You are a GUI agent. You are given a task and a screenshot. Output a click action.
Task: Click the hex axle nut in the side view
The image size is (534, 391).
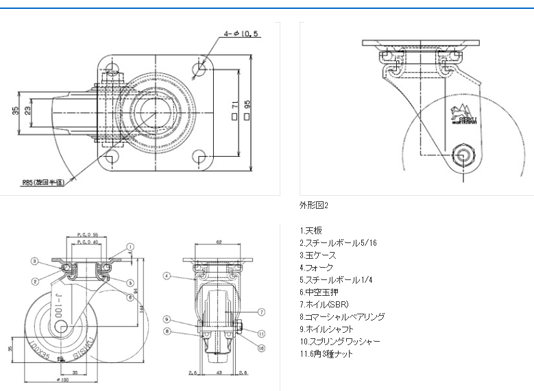[463, 155]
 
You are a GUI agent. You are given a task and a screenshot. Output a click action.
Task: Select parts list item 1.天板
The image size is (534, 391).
[311, 230]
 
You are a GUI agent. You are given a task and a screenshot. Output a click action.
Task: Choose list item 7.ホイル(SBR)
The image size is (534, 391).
[327, 304]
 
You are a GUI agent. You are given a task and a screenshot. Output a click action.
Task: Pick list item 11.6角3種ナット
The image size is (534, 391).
[326, 353]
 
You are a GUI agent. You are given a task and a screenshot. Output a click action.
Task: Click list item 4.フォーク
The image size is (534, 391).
[316, 267]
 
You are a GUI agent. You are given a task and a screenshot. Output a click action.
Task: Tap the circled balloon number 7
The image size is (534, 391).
[261, 312]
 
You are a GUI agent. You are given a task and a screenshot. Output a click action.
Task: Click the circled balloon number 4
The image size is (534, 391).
[167, 276]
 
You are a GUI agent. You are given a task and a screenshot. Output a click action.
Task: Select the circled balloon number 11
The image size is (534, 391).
[261, 333]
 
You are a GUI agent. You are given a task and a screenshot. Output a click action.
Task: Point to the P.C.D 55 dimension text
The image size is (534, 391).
[88, 234]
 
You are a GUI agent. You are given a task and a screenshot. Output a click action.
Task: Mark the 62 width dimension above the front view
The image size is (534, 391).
[219, 242]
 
